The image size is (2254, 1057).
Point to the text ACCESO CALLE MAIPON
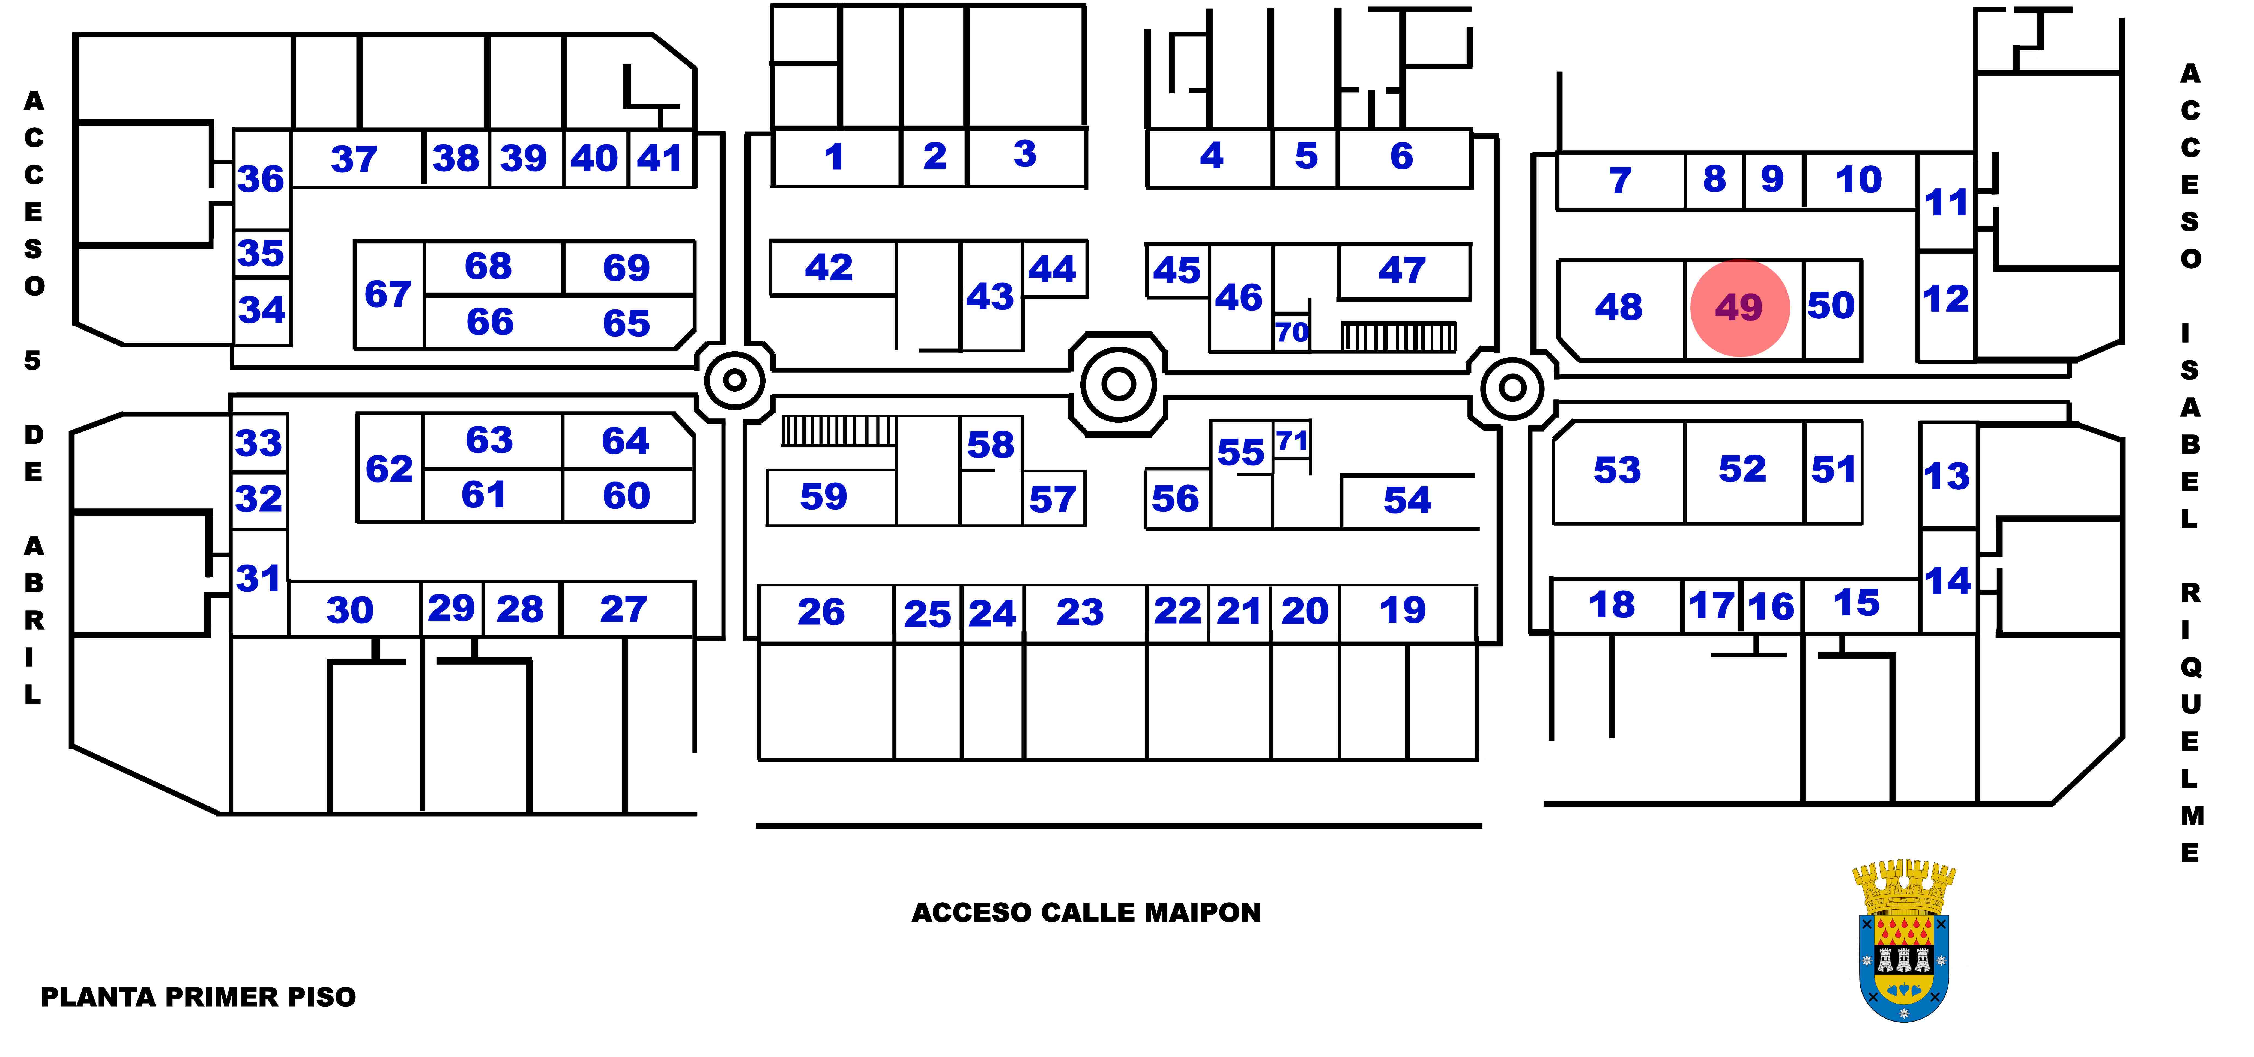pos(1086,913)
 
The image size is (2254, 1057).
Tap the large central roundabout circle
pos(1118,383)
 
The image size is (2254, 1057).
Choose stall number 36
pos(261,179)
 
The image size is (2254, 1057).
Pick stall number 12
pos(1946,299)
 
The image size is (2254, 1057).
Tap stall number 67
pos(388,295)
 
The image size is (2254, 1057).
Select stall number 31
pos(258,578)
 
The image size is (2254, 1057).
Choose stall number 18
pos(1612,605)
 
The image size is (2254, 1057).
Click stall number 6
pos(1402,157)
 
